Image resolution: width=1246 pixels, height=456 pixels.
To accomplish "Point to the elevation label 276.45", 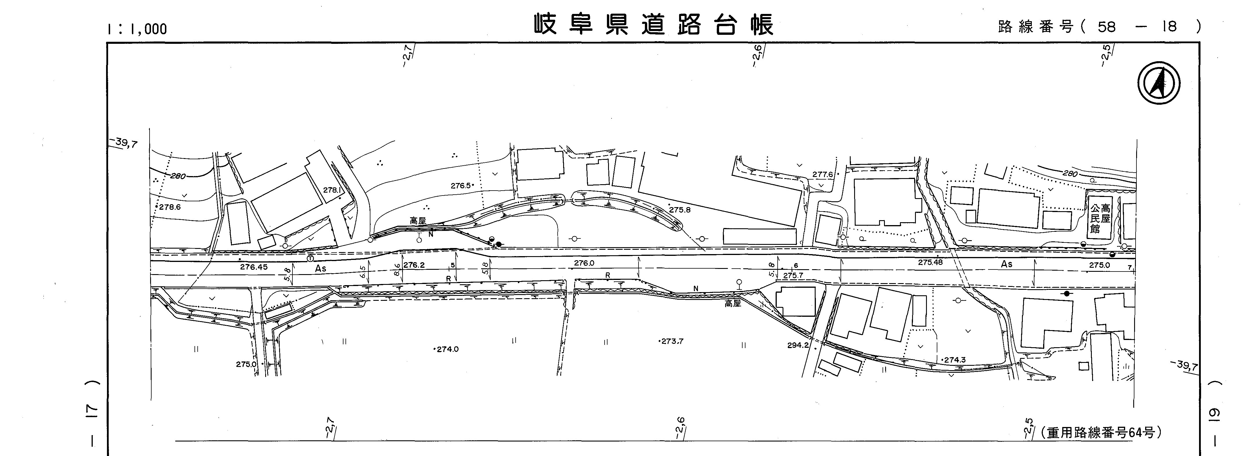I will [x=253, y=267].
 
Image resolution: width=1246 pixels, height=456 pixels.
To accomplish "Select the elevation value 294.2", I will [x=798, y=345].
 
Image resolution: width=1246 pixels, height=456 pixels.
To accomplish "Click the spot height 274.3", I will [x=954, y=360].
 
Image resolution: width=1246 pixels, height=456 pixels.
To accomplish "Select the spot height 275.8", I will [x=680, y=210].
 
